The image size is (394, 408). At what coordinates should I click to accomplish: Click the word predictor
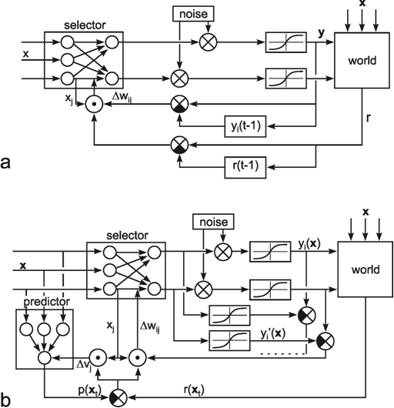point(46,302)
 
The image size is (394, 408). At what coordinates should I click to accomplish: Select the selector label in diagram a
point(85,25)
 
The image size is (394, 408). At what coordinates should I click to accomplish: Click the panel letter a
point(5,163)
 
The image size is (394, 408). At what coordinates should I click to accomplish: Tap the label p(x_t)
point(89,390)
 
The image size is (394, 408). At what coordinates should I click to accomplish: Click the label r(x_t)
point(194,390)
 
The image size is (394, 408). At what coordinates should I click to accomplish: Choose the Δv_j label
point(84,366)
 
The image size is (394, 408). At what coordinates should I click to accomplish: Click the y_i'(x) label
point(273,334)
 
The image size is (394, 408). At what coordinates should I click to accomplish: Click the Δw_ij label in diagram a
point(122,97)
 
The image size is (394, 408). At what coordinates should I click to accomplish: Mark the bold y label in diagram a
point(322,33)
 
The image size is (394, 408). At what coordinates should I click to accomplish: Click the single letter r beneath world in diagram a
point(368,118)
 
